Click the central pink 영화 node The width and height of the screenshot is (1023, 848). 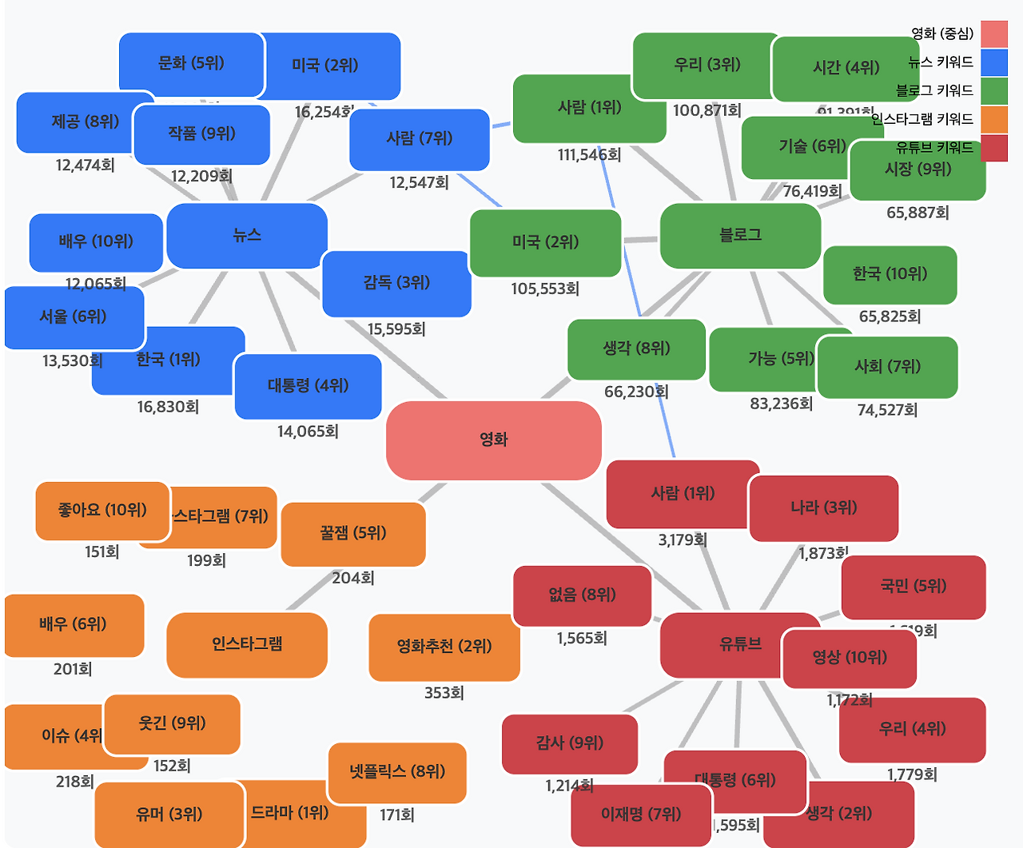tap(493, 440)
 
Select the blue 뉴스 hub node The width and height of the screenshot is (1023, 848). tap(247, 236)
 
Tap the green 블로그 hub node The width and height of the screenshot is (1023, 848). tap(740, 236)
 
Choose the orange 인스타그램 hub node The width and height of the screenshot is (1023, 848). tap(247, 645)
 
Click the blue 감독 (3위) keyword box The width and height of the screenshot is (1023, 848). tap(396, 283)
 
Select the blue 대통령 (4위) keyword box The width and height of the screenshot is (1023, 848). tap(308, 386)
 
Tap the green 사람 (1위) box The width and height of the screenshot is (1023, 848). tap(589, 108)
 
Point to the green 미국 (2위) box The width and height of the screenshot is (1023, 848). tap(545, 243)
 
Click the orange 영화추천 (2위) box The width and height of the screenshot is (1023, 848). tap(444, 647)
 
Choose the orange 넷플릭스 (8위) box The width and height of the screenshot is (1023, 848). tap(397, 772)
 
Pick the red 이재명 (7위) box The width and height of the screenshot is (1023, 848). tap(641, 814)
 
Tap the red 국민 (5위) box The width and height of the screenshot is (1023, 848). tap(914, 587)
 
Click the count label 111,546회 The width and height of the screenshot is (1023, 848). tap(589, 155)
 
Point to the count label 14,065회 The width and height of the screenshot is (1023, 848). tap(308, 432)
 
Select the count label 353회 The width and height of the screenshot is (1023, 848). tap(444, 693)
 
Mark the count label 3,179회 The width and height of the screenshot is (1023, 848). tap(683, 540)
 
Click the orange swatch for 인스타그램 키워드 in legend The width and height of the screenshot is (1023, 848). tap(994, 120)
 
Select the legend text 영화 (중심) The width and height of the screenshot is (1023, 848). tap(942, 34)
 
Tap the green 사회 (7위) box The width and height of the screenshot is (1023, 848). tap(887, 367)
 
